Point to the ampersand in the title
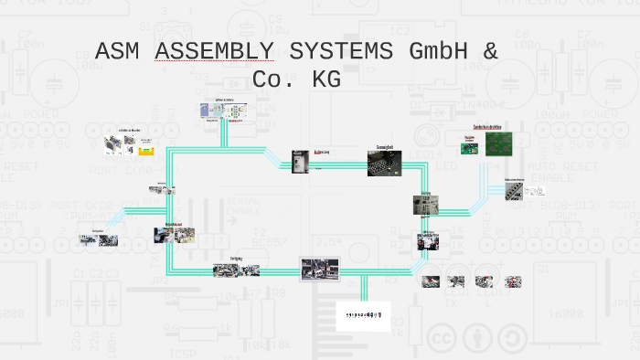(491, 51)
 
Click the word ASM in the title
(119, 51)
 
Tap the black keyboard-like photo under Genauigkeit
(385, 164)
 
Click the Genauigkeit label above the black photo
(385, 146)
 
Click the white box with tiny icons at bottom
(364, 314)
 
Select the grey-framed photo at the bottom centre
(320, 269)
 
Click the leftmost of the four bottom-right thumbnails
(431, 281)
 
